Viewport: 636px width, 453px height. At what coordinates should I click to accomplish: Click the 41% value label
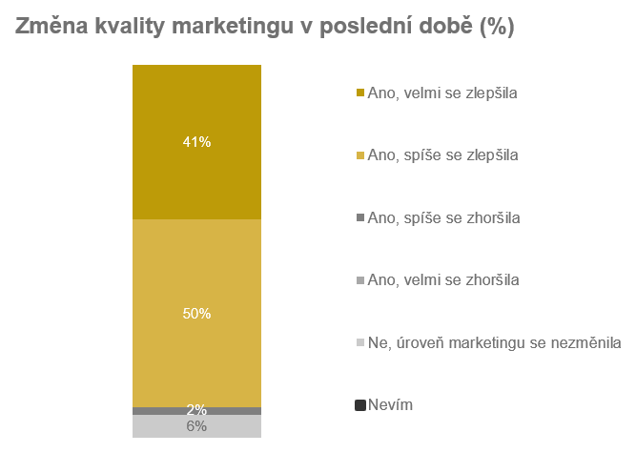point(196,142)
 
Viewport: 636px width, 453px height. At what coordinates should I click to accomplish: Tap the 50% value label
point(196,314)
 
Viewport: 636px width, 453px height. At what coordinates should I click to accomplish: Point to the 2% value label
point(196,410)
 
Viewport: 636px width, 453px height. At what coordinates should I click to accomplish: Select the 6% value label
point(196,426)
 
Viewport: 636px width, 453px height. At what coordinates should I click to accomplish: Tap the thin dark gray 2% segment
point(153,411)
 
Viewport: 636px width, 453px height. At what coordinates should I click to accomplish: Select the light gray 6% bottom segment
point(153,426)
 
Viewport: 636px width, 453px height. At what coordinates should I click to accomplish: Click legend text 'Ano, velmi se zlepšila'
point(441,93)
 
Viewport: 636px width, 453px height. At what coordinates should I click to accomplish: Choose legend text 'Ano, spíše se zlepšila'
point(442,154)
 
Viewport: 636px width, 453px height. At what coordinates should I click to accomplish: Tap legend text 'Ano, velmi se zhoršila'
point(442,279)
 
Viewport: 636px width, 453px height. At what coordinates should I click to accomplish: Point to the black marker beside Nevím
point(359,405)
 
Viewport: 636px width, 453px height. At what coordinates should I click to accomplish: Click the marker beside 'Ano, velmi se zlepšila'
point(359,93)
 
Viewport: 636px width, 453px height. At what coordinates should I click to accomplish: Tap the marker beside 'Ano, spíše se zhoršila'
point(359,218)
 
